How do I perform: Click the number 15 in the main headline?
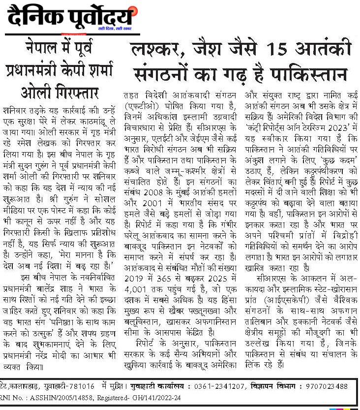[x=277, y=50]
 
